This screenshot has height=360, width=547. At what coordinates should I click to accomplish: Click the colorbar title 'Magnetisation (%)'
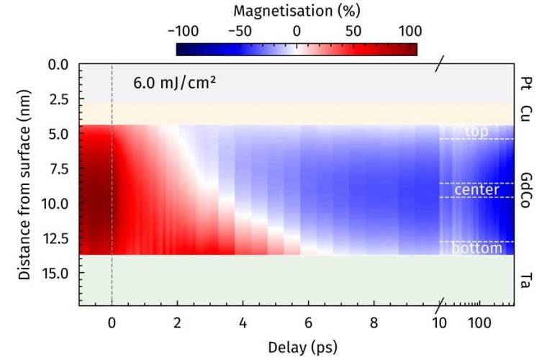click(297, 11)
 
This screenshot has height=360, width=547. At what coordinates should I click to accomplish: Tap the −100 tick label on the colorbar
click(183, 31)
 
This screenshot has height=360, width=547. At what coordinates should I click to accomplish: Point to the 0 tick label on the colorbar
click(297, 31)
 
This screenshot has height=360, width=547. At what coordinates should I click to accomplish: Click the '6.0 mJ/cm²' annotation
click(175, 82)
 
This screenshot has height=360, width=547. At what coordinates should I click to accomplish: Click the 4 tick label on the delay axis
click(243, 322)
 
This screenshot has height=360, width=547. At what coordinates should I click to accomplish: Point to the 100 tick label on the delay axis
click(479, 322)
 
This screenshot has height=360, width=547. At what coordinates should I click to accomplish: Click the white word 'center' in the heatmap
click(476, 190)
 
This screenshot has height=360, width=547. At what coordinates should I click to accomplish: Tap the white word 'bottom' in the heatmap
click(476, 248)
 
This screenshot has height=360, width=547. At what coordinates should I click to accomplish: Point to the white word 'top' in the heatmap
click(476, 131)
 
